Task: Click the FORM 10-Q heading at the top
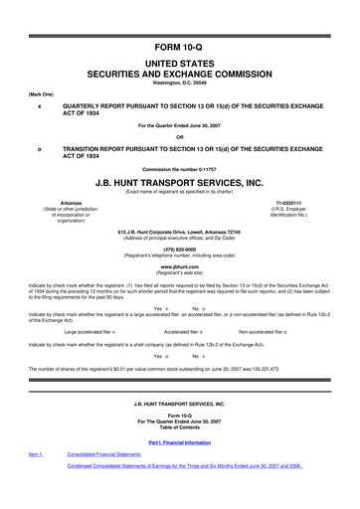tap(180, 19)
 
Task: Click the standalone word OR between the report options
tap(180, 136)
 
